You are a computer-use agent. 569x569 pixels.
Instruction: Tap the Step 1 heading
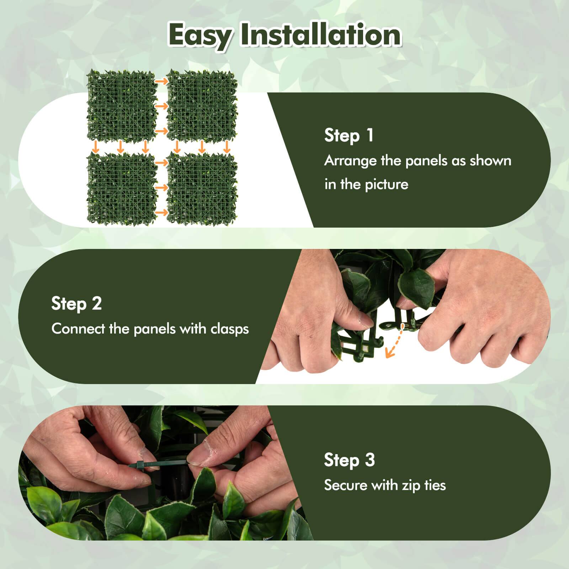(x=349, y=136)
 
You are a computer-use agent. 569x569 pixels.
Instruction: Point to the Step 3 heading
(x=349, y=460)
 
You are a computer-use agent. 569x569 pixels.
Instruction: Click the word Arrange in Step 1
(x=350, y=161)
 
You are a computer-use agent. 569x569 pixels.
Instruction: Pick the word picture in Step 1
(x=387, y=185)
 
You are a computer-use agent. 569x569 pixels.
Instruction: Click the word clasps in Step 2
(x=230, y=329)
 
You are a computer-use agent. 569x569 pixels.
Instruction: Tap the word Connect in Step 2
(x=78, y=329)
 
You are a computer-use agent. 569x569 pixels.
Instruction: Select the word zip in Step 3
(x=411, y=485)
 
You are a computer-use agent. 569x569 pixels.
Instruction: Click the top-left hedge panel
(x=122, y=105)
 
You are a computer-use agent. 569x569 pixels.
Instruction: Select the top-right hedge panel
(x=202, y=105)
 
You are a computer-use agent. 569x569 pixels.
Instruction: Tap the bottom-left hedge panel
(x=122, y=189)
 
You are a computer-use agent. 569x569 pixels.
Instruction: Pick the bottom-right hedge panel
(x=202, y=189)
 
